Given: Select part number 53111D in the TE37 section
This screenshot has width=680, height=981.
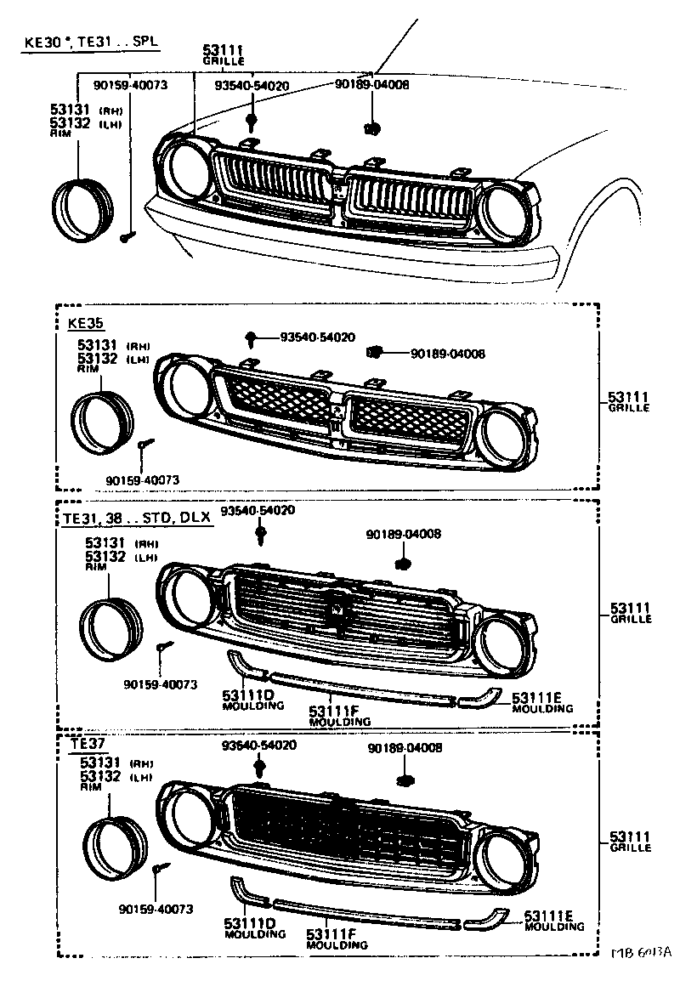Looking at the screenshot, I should [x=249, y=922].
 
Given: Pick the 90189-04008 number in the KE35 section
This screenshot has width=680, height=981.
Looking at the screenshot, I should [x=448, y=354].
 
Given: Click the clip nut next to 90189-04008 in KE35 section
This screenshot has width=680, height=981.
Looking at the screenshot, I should [x=374, y=352].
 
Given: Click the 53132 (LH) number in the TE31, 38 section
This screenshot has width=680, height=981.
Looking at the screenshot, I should [x=103, y=556].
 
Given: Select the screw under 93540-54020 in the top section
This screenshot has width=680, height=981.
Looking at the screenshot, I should [x=252, y=121].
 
